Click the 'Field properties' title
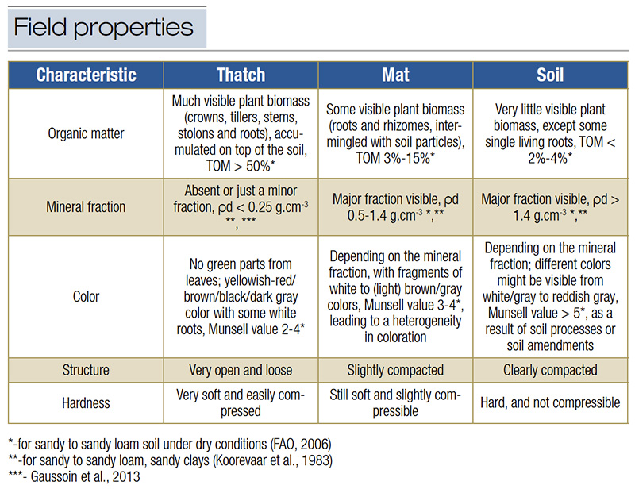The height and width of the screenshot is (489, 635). [104, 28]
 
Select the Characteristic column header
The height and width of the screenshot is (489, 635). [87, 75]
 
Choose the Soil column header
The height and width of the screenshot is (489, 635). [550, 75]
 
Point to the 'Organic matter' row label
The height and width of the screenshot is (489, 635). [87, 133]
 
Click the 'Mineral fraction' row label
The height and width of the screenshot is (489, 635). [87, 206]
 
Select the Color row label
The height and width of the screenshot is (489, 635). [87, 296]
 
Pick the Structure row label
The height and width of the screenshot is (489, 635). [87, 369]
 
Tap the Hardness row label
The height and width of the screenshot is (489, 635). [87, 402]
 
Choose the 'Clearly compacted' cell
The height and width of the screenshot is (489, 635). [550, 369]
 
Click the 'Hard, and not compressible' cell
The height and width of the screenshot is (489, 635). [550, 402]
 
